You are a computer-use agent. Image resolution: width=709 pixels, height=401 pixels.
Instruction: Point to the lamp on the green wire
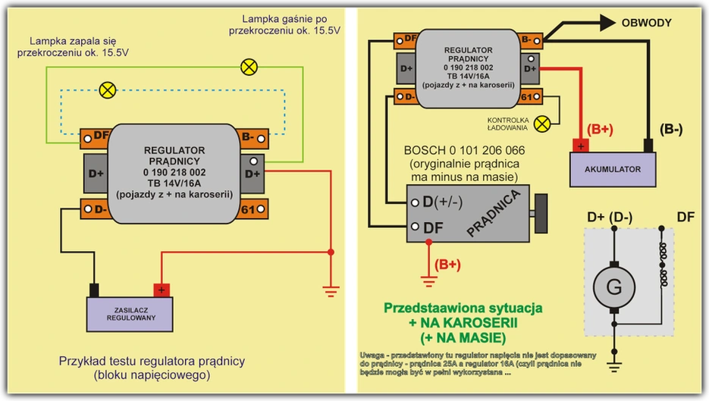point(248,67)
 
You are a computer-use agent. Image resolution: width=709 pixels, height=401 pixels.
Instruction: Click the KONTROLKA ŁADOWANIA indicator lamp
point(542,123)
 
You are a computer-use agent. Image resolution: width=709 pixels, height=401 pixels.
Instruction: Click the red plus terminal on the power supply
point(162,290)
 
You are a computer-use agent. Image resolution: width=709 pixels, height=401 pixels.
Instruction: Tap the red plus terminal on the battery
point(580,145)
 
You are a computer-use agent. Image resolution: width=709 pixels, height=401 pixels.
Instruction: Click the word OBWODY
point(646,23)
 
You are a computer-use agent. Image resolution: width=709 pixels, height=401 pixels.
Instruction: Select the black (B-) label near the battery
point(670,129)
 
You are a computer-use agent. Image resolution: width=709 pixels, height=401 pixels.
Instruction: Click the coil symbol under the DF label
point(665,265)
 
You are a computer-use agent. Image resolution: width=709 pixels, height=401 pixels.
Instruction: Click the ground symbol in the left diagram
point(331,287)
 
